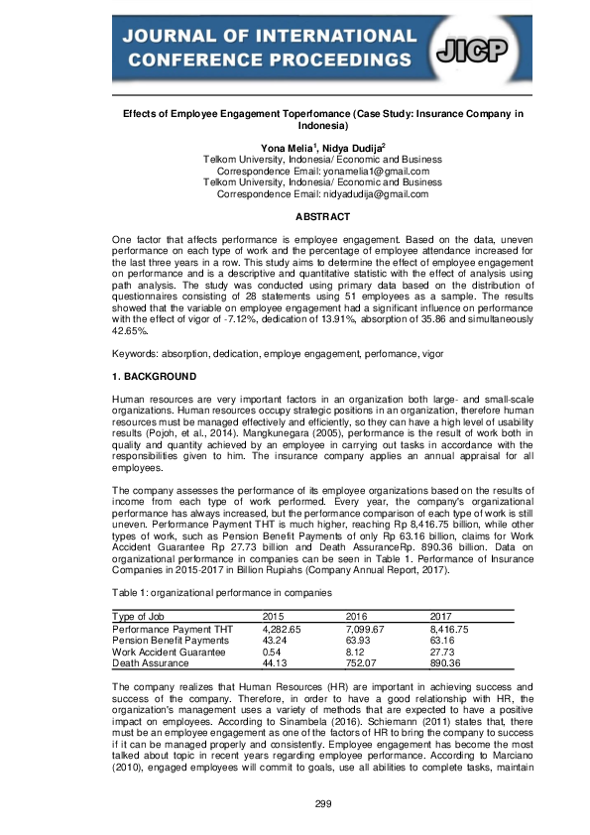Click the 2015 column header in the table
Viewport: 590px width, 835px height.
click(x=273, y=617)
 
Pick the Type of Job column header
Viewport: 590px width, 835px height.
click(x=144, y=617)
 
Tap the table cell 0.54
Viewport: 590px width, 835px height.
click(x=273, y=651)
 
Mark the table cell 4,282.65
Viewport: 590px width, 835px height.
click(x=281, y=629)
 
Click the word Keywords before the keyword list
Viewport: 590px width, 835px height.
click(x=137, y=353)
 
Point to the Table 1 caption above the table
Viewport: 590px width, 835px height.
click(x=205, y=592)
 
